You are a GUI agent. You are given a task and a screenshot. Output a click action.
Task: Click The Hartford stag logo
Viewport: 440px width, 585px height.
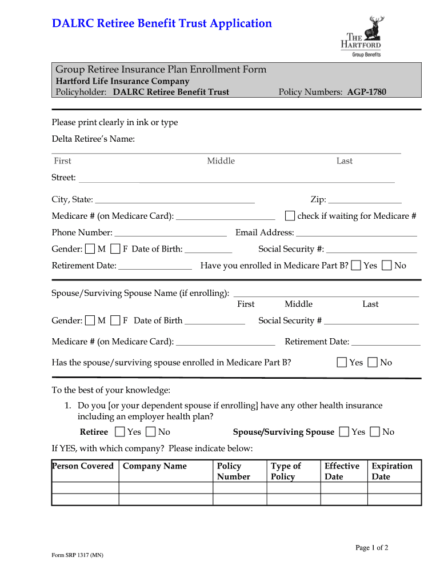pyautogui.click(x=374, y=26)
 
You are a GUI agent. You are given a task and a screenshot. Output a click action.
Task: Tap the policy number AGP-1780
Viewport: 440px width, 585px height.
pyautogui.click(x=366, y=92)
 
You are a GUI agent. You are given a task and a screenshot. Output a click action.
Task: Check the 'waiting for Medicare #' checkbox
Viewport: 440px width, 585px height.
pyautogui.click(x=290, y=216)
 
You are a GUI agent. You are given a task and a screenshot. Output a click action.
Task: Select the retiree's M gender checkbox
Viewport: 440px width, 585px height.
pyautogui.click(x=90, y=249)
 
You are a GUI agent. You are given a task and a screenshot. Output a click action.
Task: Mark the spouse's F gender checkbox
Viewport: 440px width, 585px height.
pyautogui.click(x=115, y=320)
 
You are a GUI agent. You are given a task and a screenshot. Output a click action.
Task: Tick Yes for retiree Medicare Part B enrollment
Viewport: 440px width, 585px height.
pyautogui.click(x=356, y=266)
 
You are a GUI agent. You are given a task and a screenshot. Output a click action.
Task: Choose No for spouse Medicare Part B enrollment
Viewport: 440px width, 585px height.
pyautogui.click(x=373, y=362)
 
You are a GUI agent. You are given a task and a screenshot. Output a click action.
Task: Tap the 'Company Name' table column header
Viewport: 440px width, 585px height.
pyautogui.click(x=155, y=466)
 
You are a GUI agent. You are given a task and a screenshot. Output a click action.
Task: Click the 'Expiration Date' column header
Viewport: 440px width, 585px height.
pyautogui.click(x=392, y=471)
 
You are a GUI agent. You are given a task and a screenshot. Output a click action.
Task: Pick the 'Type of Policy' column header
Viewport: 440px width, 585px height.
pyautogui.click(x=286, y=471)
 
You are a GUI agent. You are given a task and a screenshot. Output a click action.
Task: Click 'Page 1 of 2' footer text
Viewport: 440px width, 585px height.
pyautogui.click(x=371, y=548)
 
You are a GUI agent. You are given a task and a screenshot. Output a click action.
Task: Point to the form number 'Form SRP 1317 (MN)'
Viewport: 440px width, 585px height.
pyautogui.click(x=78, y=555)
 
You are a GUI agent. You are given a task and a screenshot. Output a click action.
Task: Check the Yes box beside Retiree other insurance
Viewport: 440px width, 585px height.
pyautogui.click(x=120, y=432)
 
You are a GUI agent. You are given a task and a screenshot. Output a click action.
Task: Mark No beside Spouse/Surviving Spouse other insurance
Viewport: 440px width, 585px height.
pyautogui.click(x=375, y=432)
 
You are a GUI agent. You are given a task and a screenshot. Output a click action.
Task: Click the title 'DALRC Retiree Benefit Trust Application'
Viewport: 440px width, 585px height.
pyautogui.click(x=162, y=23)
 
